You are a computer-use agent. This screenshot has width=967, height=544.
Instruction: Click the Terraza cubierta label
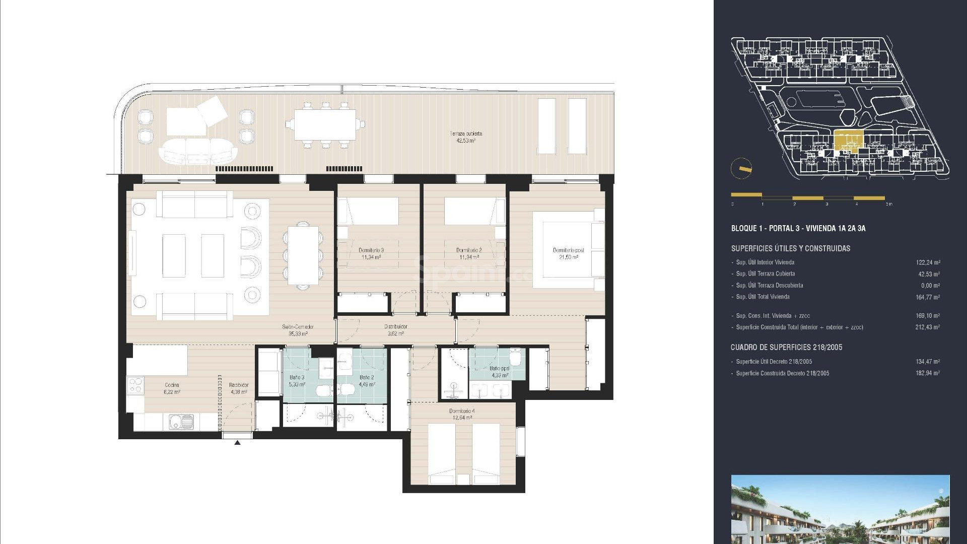point(466,137)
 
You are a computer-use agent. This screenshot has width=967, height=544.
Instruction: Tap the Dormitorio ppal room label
point(568,253)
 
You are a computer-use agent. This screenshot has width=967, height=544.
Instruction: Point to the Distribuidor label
point(395,329)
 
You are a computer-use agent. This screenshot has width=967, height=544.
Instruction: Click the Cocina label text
point(172,388)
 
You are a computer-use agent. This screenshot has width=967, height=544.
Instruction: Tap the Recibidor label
point(239,388)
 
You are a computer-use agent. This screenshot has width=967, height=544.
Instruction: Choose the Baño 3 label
point(297,380)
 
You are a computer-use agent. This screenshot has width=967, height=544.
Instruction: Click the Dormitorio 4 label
point(462,414)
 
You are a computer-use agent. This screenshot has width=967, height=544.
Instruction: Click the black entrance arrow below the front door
point(237,443)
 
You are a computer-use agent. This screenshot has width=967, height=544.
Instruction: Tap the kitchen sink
point(180,421)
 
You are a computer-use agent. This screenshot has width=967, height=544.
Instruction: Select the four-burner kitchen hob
point(135,386)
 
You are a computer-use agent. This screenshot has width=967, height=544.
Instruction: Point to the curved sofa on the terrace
point(197,151)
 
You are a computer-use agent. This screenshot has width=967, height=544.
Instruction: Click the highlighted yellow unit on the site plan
point(848,141)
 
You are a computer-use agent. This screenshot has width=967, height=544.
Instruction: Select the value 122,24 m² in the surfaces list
point(928,262)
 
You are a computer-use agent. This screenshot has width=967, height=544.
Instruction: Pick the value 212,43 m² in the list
point(928,327)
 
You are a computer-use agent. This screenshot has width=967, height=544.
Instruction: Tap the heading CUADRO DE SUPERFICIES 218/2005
point(786,347)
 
